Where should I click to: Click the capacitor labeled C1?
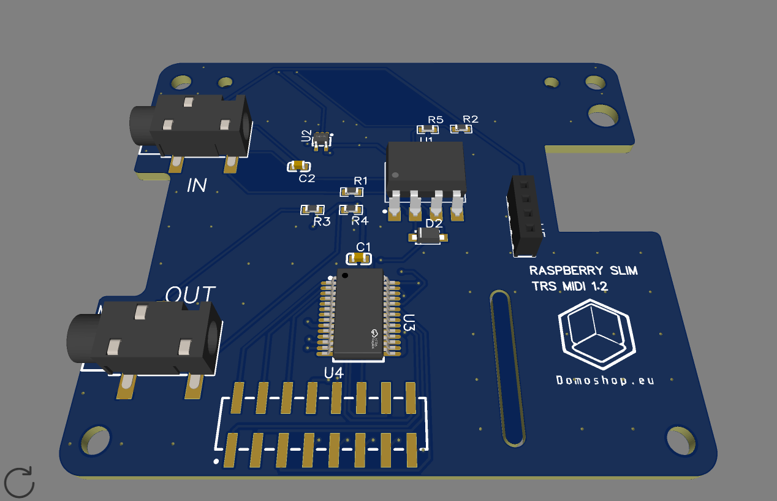coord(359,259)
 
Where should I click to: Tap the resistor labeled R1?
coord(352,192)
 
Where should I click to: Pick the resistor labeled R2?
coord(461,128)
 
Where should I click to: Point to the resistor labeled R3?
coord(312,210)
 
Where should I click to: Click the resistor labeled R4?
coord(351,210)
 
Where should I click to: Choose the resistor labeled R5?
coord(428,129)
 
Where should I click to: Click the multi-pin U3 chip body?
coord(360,313)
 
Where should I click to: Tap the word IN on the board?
coord(197,185)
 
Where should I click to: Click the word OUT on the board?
coord(191,295)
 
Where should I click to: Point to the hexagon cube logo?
coord(595,334)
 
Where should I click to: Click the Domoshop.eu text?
coord(605,380)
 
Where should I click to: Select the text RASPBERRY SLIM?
coord(583,270)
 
